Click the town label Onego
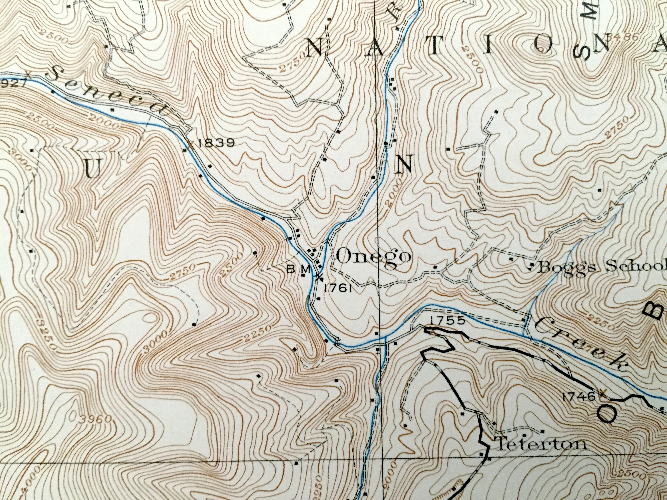(373, 257)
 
